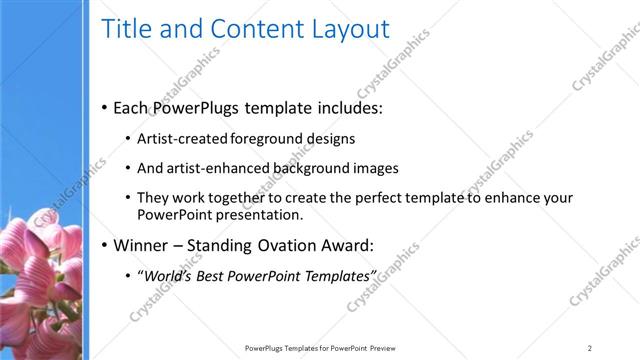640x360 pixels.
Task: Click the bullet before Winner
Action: coord(105,245)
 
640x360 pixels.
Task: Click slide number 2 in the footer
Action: coord(590,347)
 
